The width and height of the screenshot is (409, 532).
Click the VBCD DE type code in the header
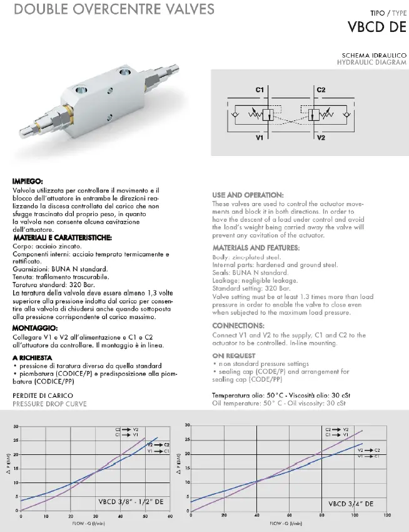click(x=377, y=26)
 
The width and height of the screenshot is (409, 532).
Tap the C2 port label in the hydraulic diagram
click(x=321, y=90)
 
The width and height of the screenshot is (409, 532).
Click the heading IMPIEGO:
click(x=27, y=182)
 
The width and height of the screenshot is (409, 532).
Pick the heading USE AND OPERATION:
click(x=248, y=195)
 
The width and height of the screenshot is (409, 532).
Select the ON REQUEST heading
click(x=233, y=355)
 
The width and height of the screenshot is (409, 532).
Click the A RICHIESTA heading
click(x=32, y=357)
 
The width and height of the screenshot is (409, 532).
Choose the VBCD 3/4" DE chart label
click(x=351, y=503)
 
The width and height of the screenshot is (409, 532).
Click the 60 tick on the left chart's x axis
click(x=169, y=517)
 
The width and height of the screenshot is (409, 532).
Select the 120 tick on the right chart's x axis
click(x=387, y=516)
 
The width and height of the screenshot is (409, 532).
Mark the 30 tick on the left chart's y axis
click(x=16, y=427)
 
